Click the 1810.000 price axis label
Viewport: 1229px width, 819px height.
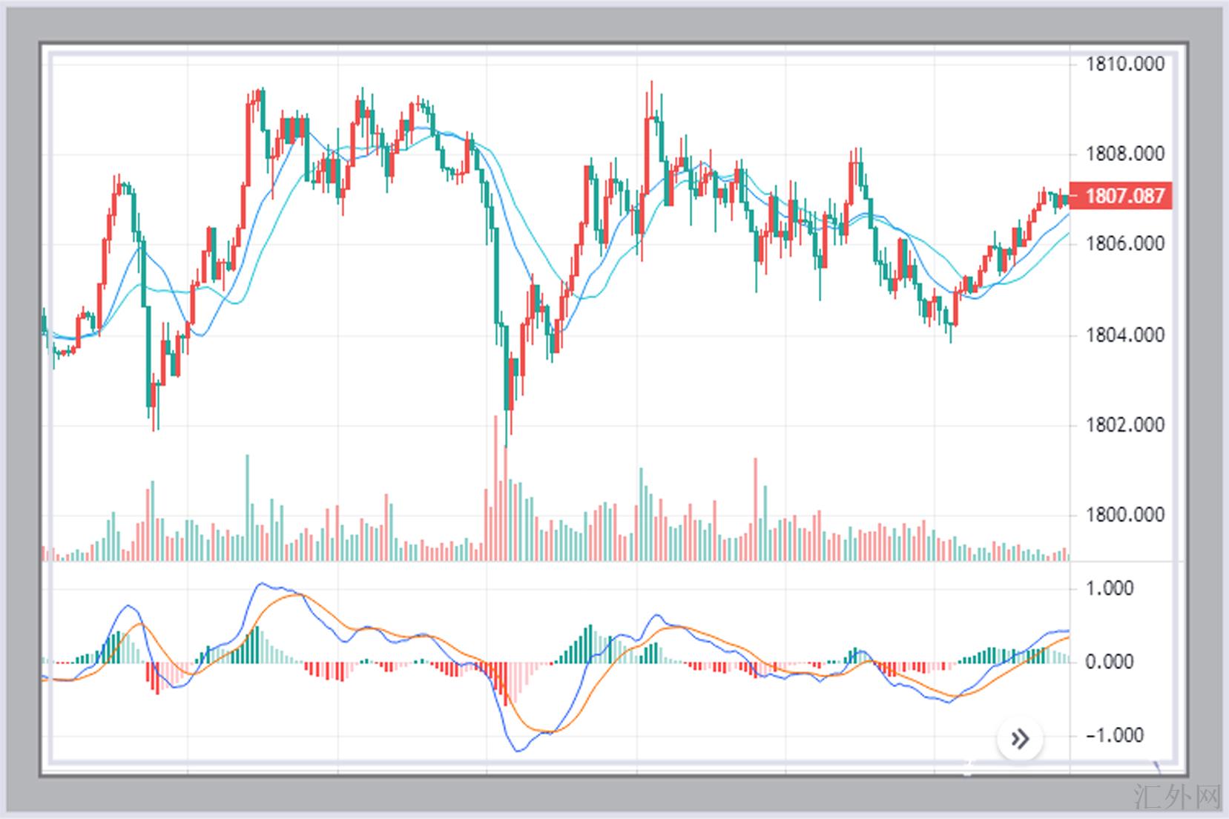(x=1124, y=65)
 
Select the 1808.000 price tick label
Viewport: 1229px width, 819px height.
(x=1124, y=154)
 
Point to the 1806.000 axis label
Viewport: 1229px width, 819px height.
(x=1124, y=244)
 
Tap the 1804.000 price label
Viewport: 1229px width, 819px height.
(x=1124, y=335)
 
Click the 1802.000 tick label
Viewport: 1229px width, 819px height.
(x=1124, y=425)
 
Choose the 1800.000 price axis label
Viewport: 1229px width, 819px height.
(x=1124, y=515)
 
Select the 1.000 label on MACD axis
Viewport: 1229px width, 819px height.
(x=1108, y=588)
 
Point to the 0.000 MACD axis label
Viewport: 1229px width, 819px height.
(x=1108, y=662)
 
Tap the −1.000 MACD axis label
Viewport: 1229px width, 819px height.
(x=1108, y=735)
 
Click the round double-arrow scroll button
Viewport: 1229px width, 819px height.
(x=1020, y=739)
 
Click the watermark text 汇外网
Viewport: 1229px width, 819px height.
(x=1177, y=798)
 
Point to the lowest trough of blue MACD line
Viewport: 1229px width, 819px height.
(x=518, y=751)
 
